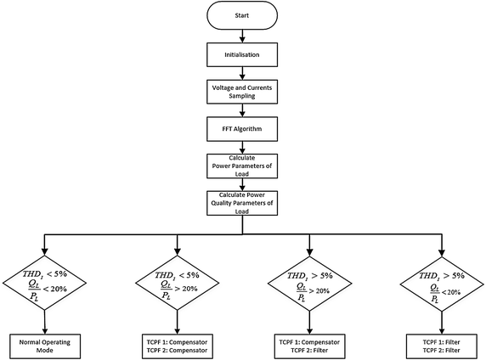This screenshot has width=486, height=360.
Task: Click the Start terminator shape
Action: tap(243, 15)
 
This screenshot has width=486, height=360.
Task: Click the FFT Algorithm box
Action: tap(243, 128)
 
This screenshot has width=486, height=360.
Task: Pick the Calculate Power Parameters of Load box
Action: tap(243, 166)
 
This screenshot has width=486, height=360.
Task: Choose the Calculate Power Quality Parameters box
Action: tap(243, 204)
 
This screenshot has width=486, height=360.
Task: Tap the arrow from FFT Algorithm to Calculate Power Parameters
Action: tap(243, 147)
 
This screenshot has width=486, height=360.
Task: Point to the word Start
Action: tap(243, 15)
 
